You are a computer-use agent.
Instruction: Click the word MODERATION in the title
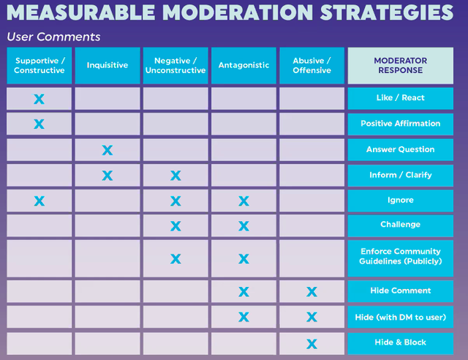coord(238,12)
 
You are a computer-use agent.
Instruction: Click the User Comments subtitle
coord(53,37)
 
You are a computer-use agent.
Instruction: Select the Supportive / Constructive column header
coord(39,65)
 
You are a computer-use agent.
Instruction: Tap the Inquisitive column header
coord(107,65)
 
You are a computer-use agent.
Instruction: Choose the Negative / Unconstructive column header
coord(175,65)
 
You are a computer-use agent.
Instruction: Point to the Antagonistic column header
coord(244,65)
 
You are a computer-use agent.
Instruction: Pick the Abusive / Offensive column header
coord(312,65)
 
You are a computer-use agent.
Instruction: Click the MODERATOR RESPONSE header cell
coord(401,65)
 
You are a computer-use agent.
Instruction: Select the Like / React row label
coord(401,98)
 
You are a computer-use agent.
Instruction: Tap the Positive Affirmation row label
coord(401,124)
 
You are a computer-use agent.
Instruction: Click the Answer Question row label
coord(401,150)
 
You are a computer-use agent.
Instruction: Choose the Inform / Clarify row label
coord(401,175)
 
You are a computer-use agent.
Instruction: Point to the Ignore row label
coord(401,200)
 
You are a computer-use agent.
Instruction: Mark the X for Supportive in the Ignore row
coord(39,201)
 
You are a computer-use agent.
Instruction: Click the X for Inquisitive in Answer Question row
coord(107,150)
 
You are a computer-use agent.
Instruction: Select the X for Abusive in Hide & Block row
coord(312,344)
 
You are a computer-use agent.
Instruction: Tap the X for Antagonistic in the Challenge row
coord(244,226)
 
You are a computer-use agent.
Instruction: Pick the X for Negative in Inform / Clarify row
coord(175,176)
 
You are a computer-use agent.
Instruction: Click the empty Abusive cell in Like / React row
coord(312,99)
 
